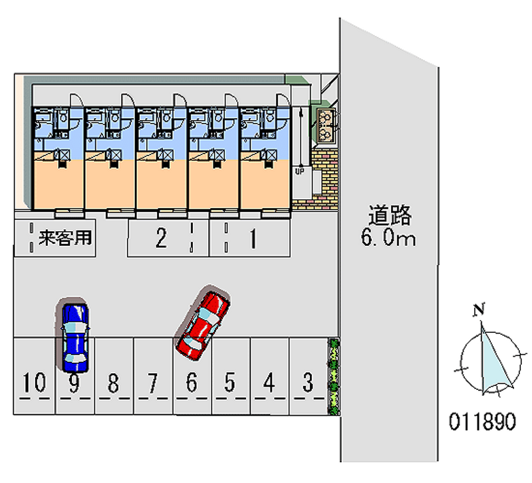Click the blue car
coord(75,338)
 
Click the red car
coord(203,326)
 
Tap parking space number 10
coord(34,382)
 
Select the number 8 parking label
coord(113,383)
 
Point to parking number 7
coord(153,383)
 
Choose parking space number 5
coord(229,382)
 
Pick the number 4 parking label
coord(269,382)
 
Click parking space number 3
coord(308,382)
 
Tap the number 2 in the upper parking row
coord(161,238)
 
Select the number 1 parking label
coord(253,239)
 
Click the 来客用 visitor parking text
coord(65,238)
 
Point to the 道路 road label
coord(390,215)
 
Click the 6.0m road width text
coord(388,237)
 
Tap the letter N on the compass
coord(479,310)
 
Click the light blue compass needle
coord(493,363)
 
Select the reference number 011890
coord(483,421)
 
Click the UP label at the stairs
coord(300,171)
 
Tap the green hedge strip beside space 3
coord(334,376)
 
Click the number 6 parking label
coord(192,382)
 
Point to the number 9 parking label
coord(74,383)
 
